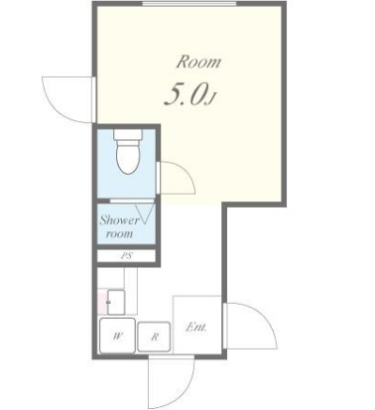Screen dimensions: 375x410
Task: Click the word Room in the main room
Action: pyautogui.click(x=198, y=63)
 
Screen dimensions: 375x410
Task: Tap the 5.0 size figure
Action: pyautogui.click(x=187, y=95)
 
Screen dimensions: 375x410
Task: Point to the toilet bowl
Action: pyautogui.click(x=128, y=157)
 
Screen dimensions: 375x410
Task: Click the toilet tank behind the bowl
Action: pyautogui.click(x=128, y=134)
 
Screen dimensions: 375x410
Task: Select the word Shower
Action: pyautogui.click(x=119, y=220)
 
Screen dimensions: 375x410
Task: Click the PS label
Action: pyautogui.click(x=127, y=256)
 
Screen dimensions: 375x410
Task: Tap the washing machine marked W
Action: pyautogui.click(x=117, y=336)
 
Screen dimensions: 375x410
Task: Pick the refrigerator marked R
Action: pyautogui.click(x=154, y=337)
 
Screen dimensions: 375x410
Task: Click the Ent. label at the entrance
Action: pyautogui.click(x=196, y=328)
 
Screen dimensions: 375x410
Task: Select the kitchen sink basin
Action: pyautogui.click(x=116, y=302)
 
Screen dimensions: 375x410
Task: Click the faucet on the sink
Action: pyautogui.click(x=108, y=302)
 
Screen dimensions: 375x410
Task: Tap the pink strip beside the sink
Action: pyautogui.click(x=102, y=302)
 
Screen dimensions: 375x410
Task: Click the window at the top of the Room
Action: pyautogui.click(x=189, y=4)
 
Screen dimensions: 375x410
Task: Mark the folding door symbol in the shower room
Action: pyautogui.click(x=145, y=214)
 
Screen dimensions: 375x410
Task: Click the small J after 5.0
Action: pyautogui.click(x=211, y=98)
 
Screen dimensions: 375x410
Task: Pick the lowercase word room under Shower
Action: pyautogui.click(x=119, y=234)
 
